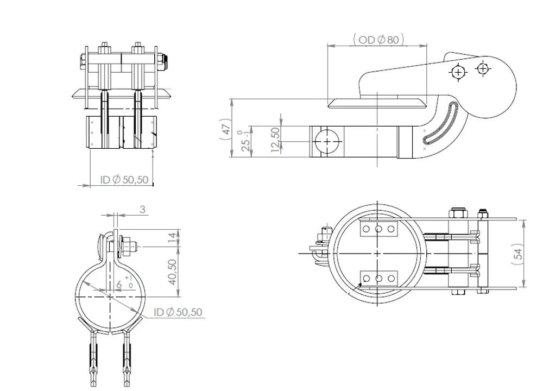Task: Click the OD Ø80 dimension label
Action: (x=378, y=40)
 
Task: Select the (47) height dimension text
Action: (x=226, y=129)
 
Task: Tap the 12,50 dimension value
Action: (x=275, y=140)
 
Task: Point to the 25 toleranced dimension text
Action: (x=245, y=141)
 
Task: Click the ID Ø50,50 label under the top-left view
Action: (x=124, y=180)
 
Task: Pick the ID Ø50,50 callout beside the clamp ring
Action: (x=178, y=312)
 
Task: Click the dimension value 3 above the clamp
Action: (x=142, y=210)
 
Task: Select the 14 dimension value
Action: (x=172, y=238)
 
